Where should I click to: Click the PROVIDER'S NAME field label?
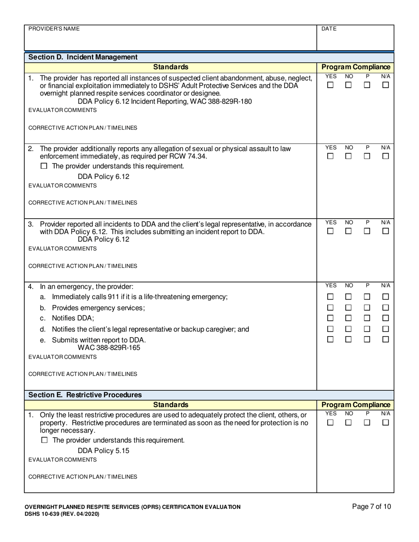click(x=54, y=29)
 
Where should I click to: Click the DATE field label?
click(x=329, y=29)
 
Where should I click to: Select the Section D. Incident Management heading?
click(x=83, y=57)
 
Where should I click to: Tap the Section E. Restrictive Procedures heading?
click(x=85, y=395)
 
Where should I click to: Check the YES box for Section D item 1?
click(x=330, y=85)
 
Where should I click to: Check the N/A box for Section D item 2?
click(x=385, y=156)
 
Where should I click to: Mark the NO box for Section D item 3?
click(x=348, y=231)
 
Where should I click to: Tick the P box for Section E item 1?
click(x=367, y=423)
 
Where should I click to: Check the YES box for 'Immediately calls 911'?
click(x=330, y=297)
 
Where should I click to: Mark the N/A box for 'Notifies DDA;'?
click(x=385, y=318)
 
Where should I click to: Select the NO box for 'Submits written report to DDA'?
click(x=348, y=339)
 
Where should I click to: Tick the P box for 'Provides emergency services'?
click(x=367, y=308)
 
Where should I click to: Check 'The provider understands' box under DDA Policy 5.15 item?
click(x=44, y=440)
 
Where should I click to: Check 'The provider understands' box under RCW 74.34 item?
click(x=44, y=166)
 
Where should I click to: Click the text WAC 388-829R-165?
click(x=112, y=347)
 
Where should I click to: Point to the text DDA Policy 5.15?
click(x=103, y=451)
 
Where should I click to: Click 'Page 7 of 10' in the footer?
click(x=371, y=507)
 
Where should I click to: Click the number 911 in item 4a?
click(x=115, y=297)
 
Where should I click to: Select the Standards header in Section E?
click(x=171, y=405)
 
